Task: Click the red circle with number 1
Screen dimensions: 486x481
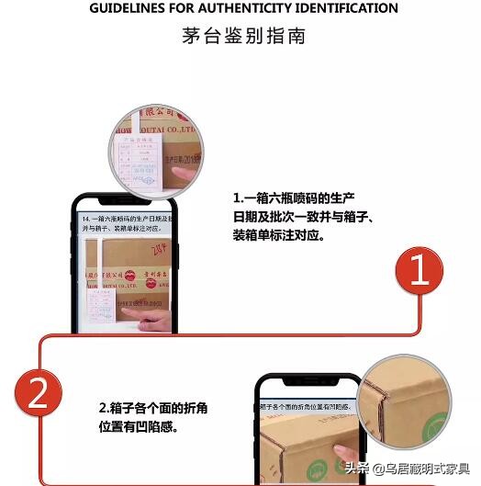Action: (x=419, y=272)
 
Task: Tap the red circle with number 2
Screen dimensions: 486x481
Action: (x=39, y=395)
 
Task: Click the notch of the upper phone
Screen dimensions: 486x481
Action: (x=124, y=200)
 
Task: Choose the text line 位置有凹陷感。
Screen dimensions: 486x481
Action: (x=138, y=426)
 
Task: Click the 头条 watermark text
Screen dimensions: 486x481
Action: (x=358, y=469)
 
